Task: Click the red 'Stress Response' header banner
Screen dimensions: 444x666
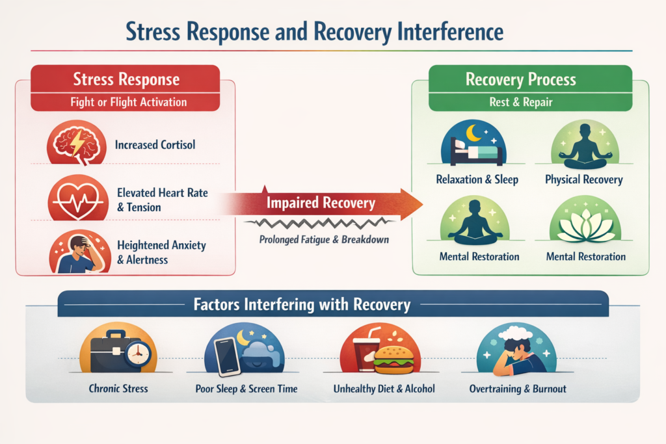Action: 126,81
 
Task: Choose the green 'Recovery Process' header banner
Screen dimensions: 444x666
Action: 521,80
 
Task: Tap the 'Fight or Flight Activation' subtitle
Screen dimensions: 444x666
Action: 128,102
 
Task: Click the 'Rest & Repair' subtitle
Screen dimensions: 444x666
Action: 521,101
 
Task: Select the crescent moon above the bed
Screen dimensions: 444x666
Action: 473,133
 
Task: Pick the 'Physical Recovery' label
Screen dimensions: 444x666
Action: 584,179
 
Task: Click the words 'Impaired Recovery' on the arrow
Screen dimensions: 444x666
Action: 321,203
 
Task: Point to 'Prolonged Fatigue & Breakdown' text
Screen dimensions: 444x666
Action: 323,240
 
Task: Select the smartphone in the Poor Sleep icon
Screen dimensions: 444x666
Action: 228,356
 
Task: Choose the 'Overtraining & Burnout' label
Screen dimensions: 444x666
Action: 518,389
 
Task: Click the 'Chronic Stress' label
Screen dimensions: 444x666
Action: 118,389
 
